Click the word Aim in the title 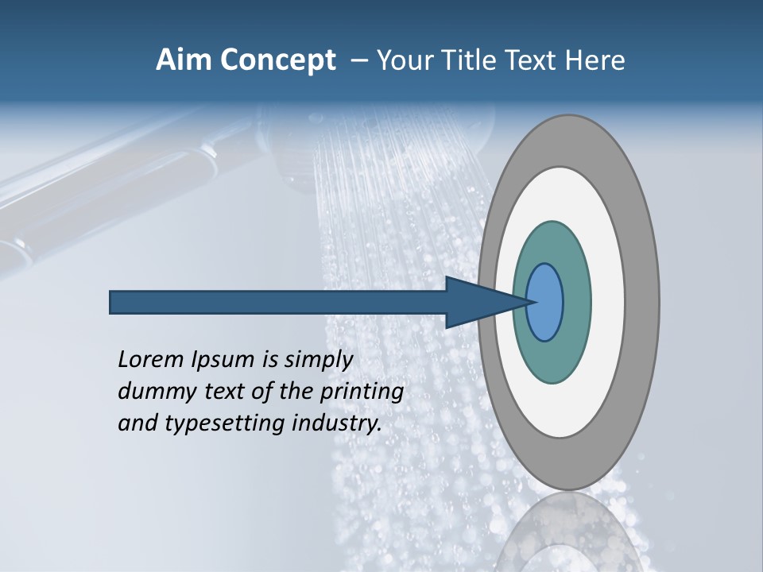(x=182, y=60)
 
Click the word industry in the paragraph (x=337, y=423)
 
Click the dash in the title (x=358, y=60)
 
